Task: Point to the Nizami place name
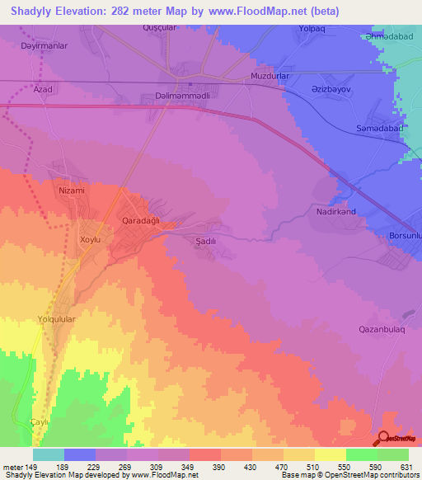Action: click(72, 190)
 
